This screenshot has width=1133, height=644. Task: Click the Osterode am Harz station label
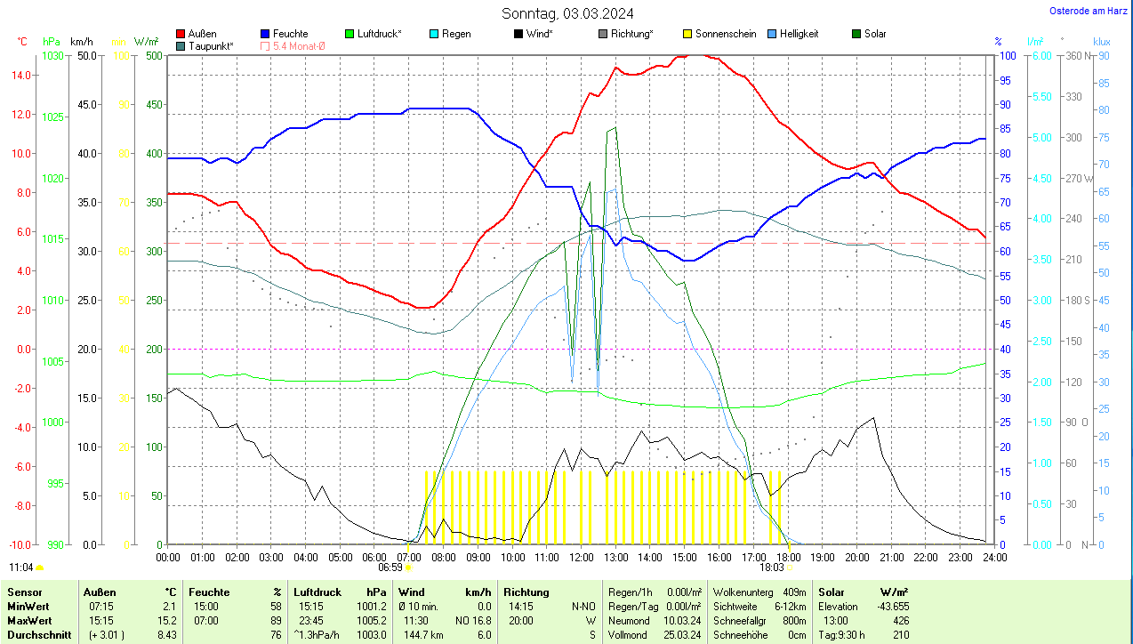point(1089,11)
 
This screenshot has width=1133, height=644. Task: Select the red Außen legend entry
point(202,34)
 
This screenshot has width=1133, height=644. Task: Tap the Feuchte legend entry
point(290,34)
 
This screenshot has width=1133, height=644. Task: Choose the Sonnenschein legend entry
point(725,34)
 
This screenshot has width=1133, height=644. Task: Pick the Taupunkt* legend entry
point(210,45)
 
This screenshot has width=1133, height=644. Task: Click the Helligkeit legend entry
point(799,34)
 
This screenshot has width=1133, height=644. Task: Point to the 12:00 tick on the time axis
point(581,557)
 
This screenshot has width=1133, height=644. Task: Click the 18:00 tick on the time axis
point(788,557)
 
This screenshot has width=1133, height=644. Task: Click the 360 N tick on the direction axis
point(1079,55)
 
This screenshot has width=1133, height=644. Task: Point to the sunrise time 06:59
point(390,567)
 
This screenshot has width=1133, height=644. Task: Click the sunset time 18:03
point(771,567)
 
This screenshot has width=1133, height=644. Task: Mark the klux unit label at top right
point(1102,42)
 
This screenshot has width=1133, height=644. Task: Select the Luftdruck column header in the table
point(317,592)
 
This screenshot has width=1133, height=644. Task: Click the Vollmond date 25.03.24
point(681,635)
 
